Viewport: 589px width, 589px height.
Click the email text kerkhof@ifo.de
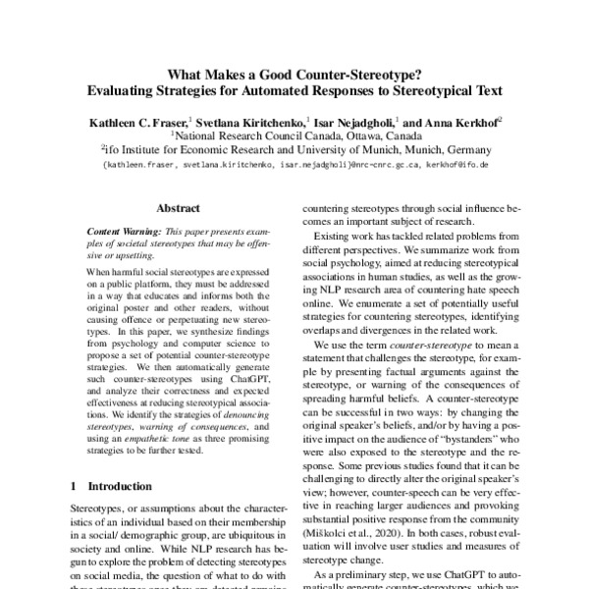[457, 166]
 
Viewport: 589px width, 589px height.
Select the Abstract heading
[179, 208]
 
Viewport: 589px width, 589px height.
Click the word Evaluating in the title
[128, 89]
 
